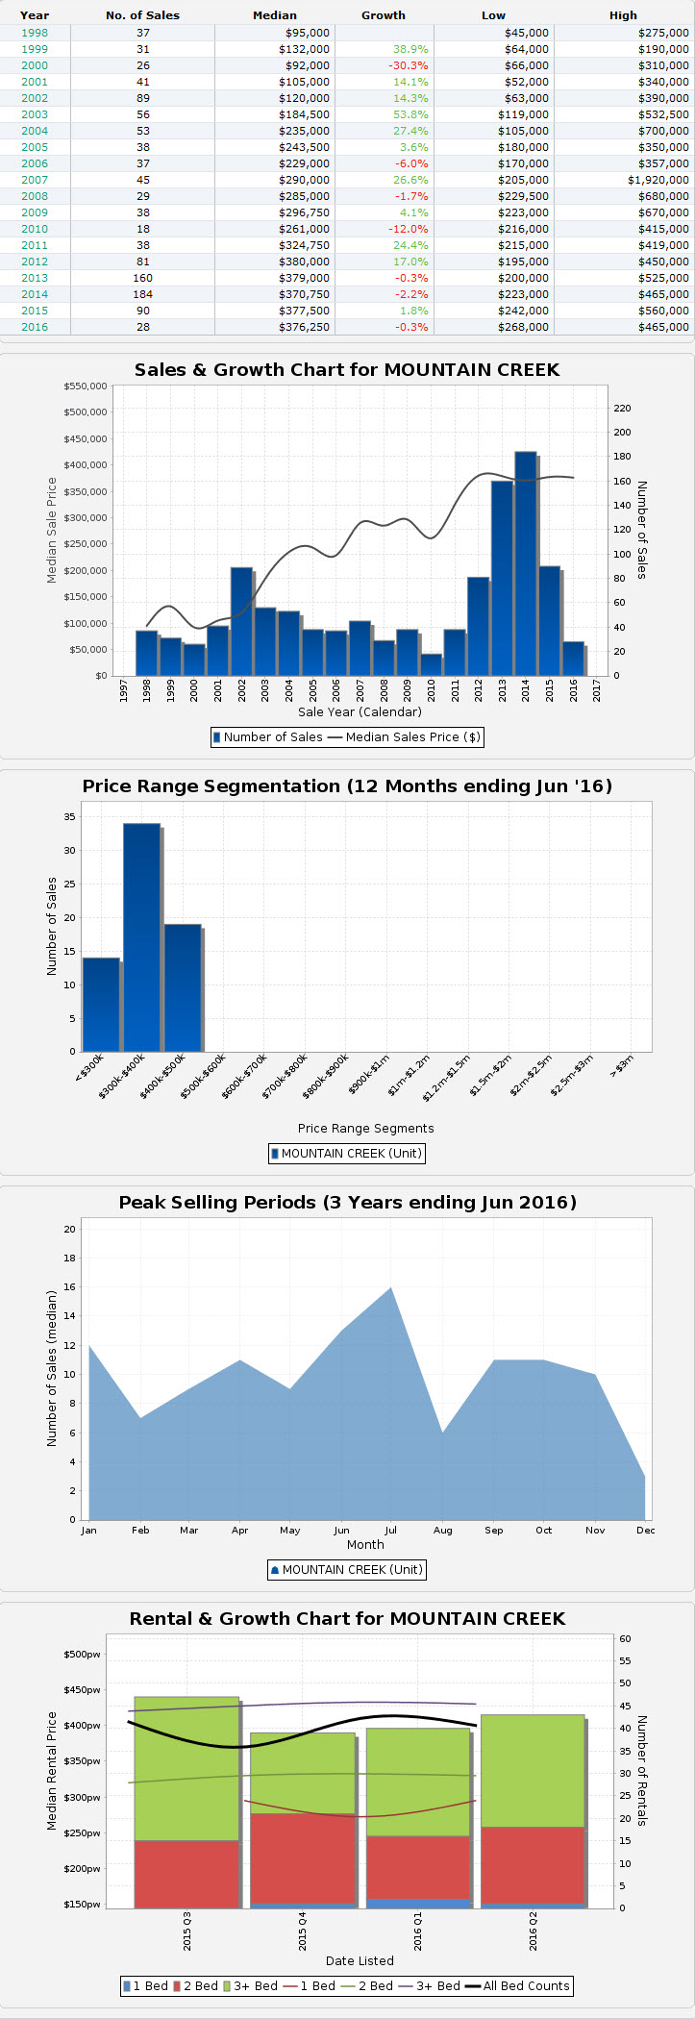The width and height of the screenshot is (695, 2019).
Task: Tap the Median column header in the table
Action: coord(275,15)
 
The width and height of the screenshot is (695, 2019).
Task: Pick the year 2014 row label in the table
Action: coord(34,294)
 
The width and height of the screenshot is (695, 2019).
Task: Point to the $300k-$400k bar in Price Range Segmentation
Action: coord(141,937)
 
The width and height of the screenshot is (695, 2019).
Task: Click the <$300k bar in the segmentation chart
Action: coord(101,1005)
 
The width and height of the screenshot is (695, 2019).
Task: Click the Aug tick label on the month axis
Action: coord(442,1530)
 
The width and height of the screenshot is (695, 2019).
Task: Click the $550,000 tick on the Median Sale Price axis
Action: coord(85,386)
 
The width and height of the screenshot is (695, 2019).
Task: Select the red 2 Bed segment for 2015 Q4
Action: coord(302,1858)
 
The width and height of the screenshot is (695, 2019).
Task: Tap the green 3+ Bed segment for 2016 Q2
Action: coord(533,1770)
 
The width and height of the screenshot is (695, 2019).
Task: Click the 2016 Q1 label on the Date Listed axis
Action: coord(417,1930)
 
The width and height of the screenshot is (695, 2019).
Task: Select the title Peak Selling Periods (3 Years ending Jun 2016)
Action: coord(347,1203)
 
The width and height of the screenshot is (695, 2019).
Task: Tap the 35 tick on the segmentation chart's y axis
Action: coord(69,816)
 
